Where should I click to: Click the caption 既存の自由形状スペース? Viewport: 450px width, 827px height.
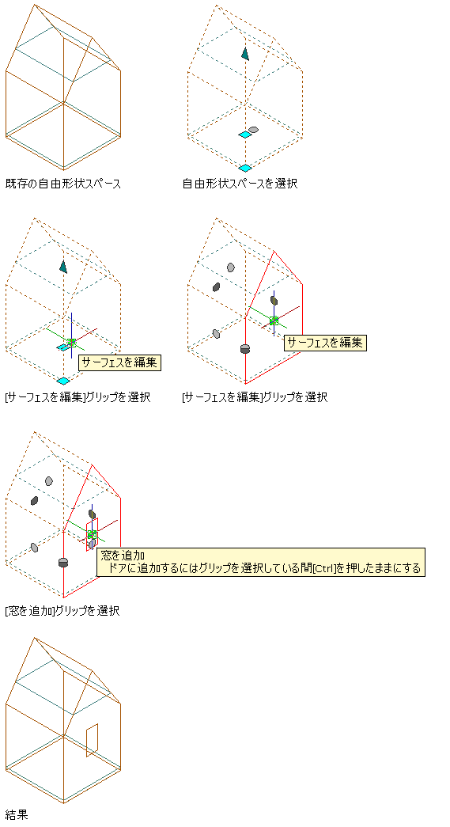pyautogui.click(x=63, y=184)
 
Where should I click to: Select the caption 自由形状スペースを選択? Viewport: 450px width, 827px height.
pyautogui.click(x=240, y=184)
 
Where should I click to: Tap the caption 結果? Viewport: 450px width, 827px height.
pyautogui.click(x=17, y=814)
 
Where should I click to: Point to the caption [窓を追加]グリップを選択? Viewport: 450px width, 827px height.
pyautogui.click(x=62, y=611)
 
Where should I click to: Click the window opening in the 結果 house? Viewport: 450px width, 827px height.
pyautogui.click(x=93, y=740)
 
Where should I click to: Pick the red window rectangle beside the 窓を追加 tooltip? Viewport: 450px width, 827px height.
pyautogui.click(x=93, y=534)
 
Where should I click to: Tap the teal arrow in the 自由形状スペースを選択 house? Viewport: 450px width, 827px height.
pyautogui.click(x=245, y=53)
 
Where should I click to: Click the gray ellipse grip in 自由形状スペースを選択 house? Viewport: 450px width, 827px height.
pyautogui.click(x=253, y=129)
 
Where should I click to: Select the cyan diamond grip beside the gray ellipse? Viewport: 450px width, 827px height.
pyautogui.click(x=244, y=135)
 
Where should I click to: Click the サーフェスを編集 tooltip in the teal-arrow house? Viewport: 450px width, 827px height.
pyautogui.click(x=119, y=362)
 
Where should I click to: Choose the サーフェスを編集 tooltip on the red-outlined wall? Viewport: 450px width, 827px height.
pyautogui.click(x=324, y=343)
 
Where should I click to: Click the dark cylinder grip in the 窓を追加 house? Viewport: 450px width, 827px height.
pyautogui.click(x=63, y=562)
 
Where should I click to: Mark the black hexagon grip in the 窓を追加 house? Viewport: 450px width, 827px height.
pyautogui.click(x=34, y=500)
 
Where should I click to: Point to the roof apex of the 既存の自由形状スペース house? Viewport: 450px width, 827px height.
pyautogui.click(x=35, y=5)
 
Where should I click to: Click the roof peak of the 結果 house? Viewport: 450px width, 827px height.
pyautogui.click(x=35, y=638)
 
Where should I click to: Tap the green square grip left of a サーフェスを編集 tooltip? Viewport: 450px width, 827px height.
pyautogui.click(x=274, y=321)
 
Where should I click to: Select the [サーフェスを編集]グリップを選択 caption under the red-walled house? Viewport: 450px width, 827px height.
pyautogui.click(x=255, y=397)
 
